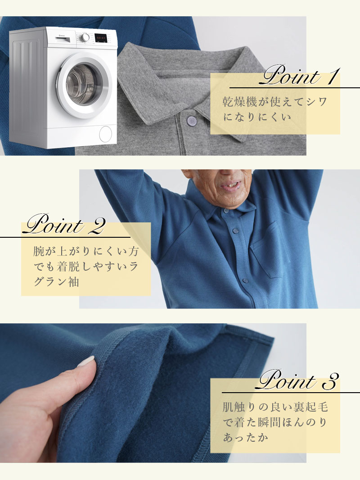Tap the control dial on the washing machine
click(x=85, y=37)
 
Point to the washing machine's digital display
click(x=100, y=38)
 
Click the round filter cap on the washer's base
click(x=105, y=134)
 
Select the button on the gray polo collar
click(x=191, y=121)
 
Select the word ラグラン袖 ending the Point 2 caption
click(x=56, y=281)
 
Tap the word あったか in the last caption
click(x=246, y=438)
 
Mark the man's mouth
click(x=230, y=186)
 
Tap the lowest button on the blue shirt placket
click(x=245, y=280)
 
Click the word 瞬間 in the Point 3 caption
click(x=270, y=422)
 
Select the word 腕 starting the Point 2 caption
click(x=39, y=251)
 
